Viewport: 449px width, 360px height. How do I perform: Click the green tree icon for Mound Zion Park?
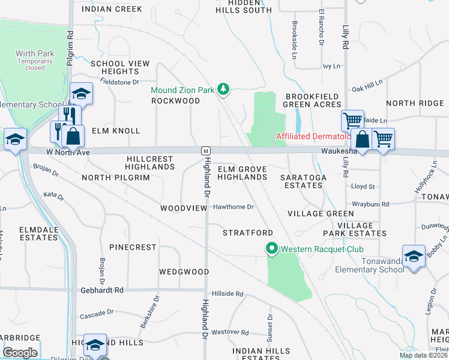tap(223, 89)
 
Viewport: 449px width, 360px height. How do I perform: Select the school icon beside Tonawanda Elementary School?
tap(414, 256)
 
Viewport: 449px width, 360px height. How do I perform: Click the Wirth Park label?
tap(35, 54)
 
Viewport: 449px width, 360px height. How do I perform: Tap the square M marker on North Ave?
tap(205, 150)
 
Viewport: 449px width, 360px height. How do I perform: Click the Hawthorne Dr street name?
tap(234, 207)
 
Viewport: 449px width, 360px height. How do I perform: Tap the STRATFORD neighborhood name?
tap(248, 232)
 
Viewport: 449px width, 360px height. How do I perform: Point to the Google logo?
tap(20, 353)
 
